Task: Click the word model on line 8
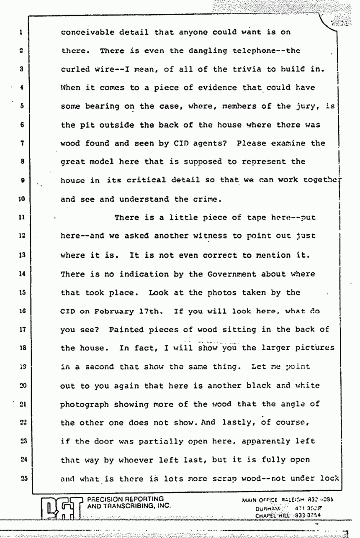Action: (x=120, y=162)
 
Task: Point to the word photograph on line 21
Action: (x=85, y=404)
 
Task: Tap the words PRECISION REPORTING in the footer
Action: (x=124, y=499)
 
